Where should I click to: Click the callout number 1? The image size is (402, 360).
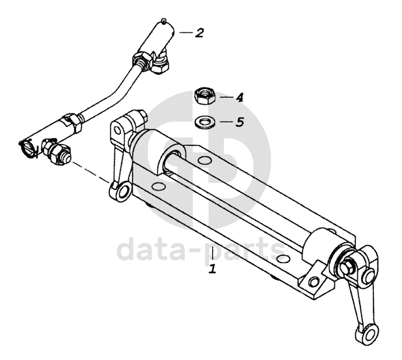[x=212, y=268]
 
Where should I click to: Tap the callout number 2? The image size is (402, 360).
[x=199, y=32]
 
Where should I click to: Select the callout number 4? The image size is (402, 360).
[x=239, y=98]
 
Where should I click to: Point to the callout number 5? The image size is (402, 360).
[x=239, y=122]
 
